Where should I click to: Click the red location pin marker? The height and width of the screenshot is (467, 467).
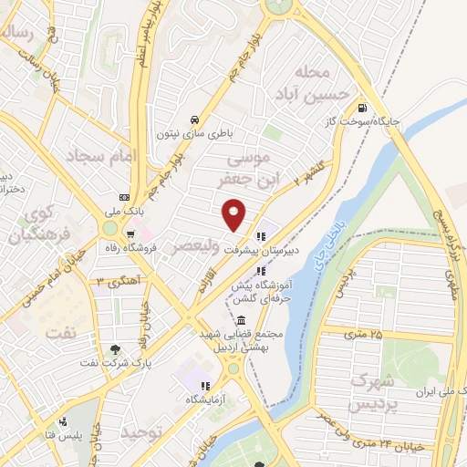pos(235,213)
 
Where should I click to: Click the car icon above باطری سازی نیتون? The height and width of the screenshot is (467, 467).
pos(194,119)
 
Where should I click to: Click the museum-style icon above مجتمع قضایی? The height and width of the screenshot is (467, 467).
pos(240,320)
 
